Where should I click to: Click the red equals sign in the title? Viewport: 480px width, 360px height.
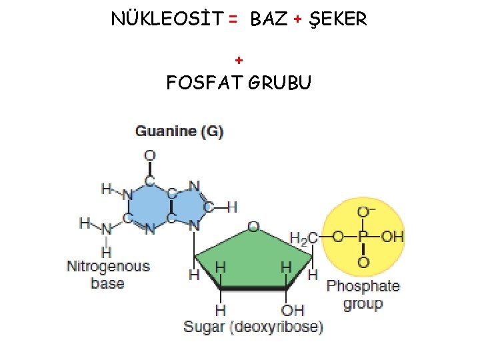[x=232, y=20]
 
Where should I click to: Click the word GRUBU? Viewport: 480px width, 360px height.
[x=280, y=84]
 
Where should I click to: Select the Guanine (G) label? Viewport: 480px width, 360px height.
[x=179, y=131]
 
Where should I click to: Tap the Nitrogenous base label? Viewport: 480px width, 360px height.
[x=108, y=275]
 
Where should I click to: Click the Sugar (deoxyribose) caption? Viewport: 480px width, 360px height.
[x=253, y=327]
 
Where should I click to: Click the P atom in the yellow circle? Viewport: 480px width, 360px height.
[x=363, y=237]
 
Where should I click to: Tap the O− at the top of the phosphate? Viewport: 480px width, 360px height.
[x=365, y=212]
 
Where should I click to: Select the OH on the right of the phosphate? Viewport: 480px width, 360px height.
[x=393, y=237]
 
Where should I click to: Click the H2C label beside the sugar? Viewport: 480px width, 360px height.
[x=304, y=237]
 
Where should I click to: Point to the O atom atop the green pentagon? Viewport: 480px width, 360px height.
[x=253, y=227]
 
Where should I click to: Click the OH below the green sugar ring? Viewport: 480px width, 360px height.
[x=292, y=310]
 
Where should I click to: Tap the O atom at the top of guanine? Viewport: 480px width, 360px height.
[x=150, y=156]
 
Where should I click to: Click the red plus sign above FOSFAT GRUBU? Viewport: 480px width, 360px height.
[x=239, y=61]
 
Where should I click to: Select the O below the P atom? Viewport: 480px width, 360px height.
[x=363, y=262]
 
